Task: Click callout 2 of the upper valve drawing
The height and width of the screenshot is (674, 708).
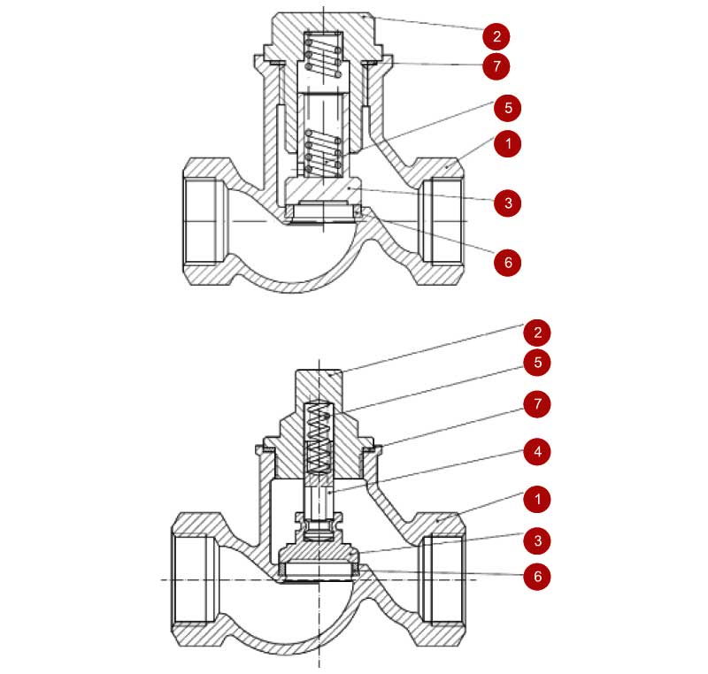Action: pyautogui.click(x=496, y=36)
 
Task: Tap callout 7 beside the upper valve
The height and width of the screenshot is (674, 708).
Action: pyautogui.click(x=496, y=66)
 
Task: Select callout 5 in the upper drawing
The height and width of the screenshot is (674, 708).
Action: pyautogui.click(x=508, y=108)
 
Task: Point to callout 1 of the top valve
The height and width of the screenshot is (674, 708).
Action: pyautogui.click(x=508, y=144)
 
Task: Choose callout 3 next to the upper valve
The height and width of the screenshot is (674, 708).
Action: pyautogui.click(x=508, y=203)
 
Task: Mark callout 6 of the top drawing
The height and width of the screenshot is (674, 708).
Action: pyautogui.click(x=508, y=262)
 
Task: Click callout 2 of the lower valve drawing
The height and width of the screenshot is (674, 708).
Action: pyautogui.click(x=537, y=333)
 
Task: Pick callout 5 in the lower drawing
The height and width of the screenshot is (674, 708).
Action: pyautogui.click(x=537, y=363)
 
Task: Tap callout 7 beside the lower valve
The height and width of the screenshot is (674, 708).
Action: pyautogui.click(x=537, y=403)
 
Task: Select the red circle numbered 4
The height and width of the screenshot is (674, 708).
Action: pyautogui.click(x=537, y=452)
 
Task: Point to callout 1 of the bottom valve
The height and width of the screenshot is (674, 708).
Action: pyautogui.click(x=537, y=499)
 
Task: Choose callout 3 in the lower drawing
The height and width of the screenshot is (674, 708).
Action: pyautogui.click(x=537, y=540)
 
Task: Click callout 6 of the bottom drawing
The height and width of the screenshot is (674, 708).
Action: pyautogui.click(x=537, y=576)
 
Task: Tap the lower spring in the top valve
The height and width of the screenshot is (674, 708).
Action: pyautogui.click(x=323, y=153)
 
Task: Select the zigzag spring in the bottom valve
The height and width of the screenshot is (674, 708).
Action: pyautogui.click(x=319, y=439)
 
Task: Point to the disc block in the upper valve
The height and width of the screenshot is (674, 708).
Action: pyautogui.click(x=323, y=189)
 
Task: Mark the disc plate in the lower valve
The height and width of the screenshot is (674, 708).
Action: pyautogui.click(x=319, y=553)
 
